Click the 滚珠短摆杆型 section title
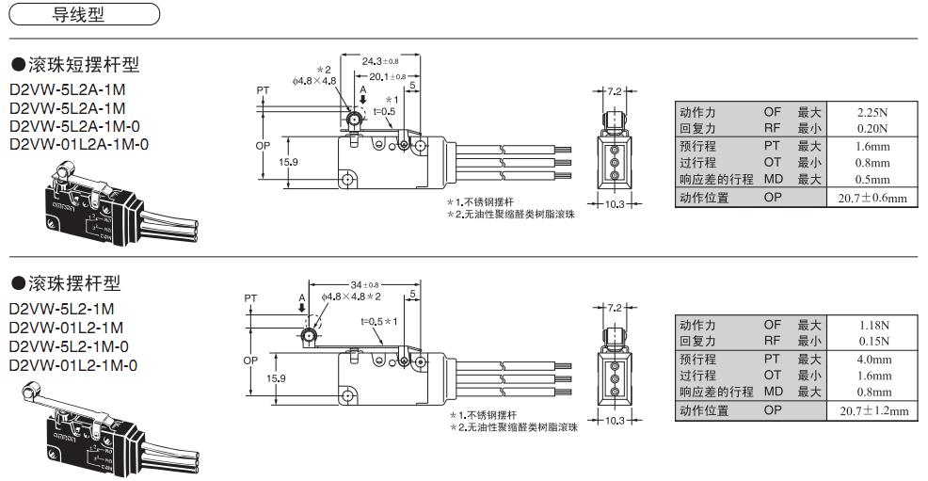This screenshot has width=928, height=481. click(74, 65)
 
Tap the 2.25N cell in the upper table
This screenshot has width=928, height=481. click(872, 112)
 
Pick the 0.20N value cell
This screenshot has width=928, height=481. click(872, 129)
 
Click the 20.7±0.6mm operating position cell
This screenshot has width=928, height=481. click(872, 198)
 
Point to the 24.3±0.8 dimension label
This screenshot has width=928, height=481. click(381, 61)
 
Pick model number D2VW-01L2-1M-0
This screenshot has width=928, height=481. click(73, 365)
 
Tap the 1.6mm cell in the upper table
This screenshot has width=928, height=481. click(872, 147)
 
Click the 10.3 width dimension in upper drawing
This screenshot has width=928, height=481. click(613, 204)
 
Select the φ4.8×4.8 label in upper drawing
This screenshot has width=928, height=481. click(314, 82)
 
